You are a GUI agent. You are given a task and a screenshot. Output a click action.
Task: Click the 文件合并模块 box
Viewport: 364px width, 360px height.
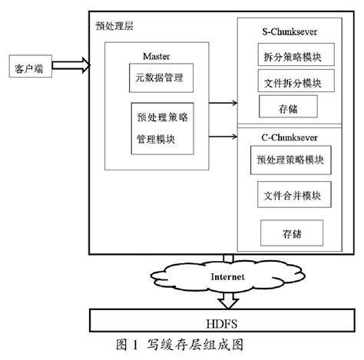click(286, 196)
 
